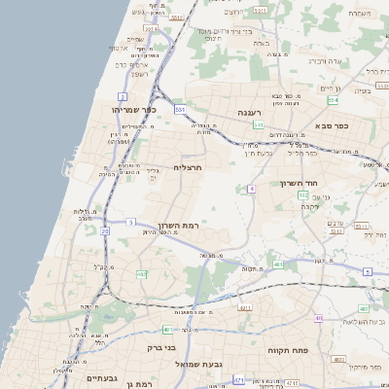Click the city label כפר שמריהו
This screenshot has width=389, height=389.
[x=134, y=110]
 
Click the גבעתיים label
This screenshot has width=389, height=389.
[x=101, y=377]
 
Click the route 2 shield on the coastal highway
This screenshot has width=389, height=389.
[x=123, y=97]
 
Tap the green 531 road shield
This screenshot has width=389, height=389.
[x=180, y=110]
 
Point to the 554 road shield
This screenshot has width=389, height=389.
[x=333, y=100]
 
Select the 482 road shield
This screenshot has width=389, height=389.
[x=141, y=274]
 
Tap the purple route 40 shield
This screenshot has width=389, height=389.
[x=318, y=318]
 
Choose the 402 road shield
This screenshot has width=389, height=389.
[x=303, y=195]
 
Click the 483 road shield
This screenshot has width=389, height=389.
[x=278, y=265]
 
